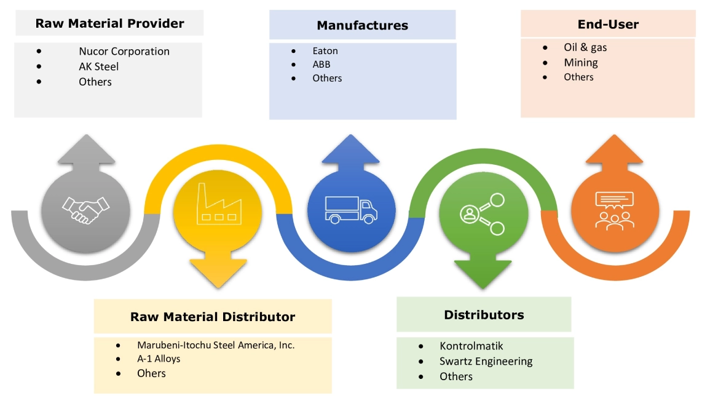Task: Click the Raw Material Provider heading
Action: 109,24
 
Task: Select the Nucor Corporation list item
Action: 124,52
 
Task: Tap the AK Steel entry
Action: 98,66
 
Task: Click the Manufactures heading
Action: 362,26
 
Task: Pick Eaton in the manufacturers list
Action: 325,51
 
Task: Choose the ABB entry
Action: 321,65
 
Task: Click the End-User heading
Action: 608,25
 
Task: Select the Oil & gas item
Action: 585,47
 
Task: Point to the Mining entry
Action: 580,62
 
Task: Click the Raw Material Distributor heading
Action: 213,317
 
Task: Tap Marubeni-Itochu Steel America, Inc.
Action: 216,345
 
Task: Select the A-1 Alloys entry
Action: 159,359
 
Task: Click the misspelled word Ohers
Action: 151,373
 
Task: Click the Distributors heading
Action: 484,315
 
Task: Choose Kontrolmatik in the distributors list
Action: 471,346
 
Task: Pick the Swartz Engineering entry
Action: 486,361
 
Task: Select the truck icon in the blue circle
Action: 350,209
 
